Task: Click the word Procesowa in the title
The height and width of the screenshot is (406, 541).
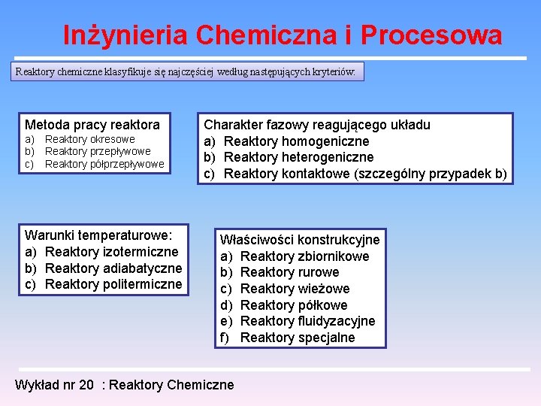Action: [x=431, y=35]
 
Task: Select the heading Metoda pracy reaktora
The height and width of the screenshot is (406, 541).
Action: [x=92, y=125]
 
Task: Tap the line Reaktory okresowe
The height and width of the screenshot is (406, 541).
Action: [x=90, y=139]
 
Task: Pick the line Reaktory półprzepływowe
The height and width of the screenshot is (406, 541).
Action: [x=104, y=164]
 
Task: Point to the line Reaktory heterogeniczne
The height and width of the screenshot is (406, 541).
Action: [x=299, y=157]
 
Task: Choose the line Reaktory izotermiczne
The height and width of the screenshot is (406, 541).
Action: [x=112, y=252]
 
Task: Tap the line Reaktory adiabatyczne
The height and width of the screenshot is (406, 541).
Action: [x=113, y=268]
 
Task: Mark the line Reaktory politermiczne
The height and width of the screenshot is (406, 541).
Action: [x=113, y=284]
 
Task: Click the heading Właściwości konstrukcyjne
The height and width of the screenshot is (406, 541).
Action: [x=300, y=240]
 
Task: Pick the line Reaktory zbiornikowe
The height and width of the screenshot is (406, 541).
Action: [x=305, y=256]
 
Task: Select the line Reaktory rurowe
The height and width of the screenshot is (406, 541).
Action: [x=290, y=272]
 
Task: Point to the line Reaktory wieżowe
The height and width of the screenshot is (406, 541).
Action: [x=295, y=289]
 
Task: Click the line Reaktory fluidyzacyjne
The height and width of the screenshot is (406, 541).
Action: [x=308, y=321]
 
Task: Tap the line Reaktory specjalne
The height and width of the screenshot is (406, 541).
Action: [x=298, y=338]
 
